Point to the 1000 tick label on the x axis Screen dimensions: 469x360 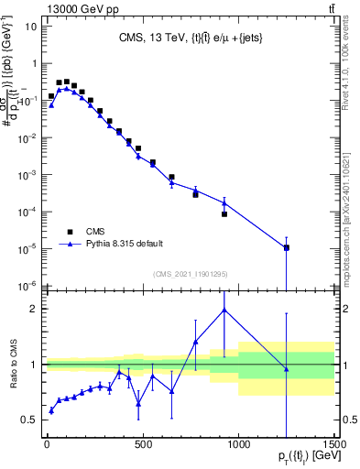[x=238, y=445]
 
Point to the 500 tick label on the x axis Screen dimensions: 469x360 [x=142, y=445]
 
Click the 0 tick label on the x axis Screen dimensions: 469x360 [x=47, y=445]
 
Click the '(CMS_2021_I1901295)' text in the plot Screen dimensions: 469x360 [x=189, y=274]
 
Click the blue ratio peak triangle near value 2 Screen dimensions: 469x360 [x=224, y=310]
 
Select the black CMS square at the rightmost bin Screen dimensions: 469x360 [x=287, y=248]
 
